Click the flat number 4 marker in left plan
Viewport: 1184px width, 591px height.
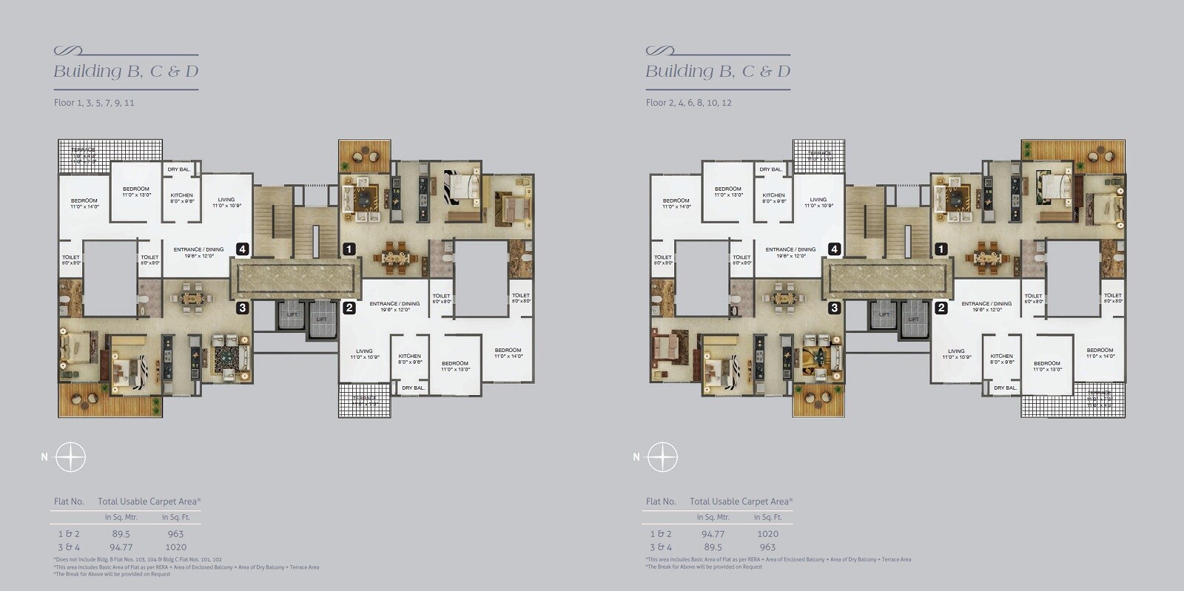(242, 249)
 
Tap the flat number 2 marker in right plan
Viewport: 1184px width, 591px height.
(941, 308)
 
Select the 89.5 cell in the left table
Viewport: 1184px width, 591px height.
(121, 533)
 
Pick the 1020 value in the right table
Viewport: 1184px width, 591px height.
(767, 533)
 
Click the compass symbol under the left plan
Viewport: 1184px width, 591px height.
(70, 457)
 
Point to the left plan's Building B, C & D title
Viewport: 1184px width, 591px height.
(126, 72)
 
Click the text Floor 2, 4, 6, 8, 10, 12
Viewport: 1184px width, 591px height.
(688, 103)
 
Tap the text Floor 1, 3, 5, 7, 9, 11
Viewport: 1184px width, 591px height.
(94, 103)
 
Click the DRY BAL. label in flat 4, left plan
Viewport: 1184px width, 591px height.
(178, 169)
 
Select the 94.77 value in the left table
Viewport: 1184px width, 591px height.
(121, 547)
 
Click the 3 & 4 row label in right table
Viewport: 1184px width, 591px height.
(661, 547)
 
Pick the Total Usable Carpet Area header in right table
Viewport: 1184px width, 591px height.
(741, 501)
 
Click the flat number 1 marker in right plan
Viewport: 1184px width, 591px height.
(941, 249)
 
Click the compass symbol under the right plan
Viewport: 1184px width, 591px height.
(662, 457)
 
